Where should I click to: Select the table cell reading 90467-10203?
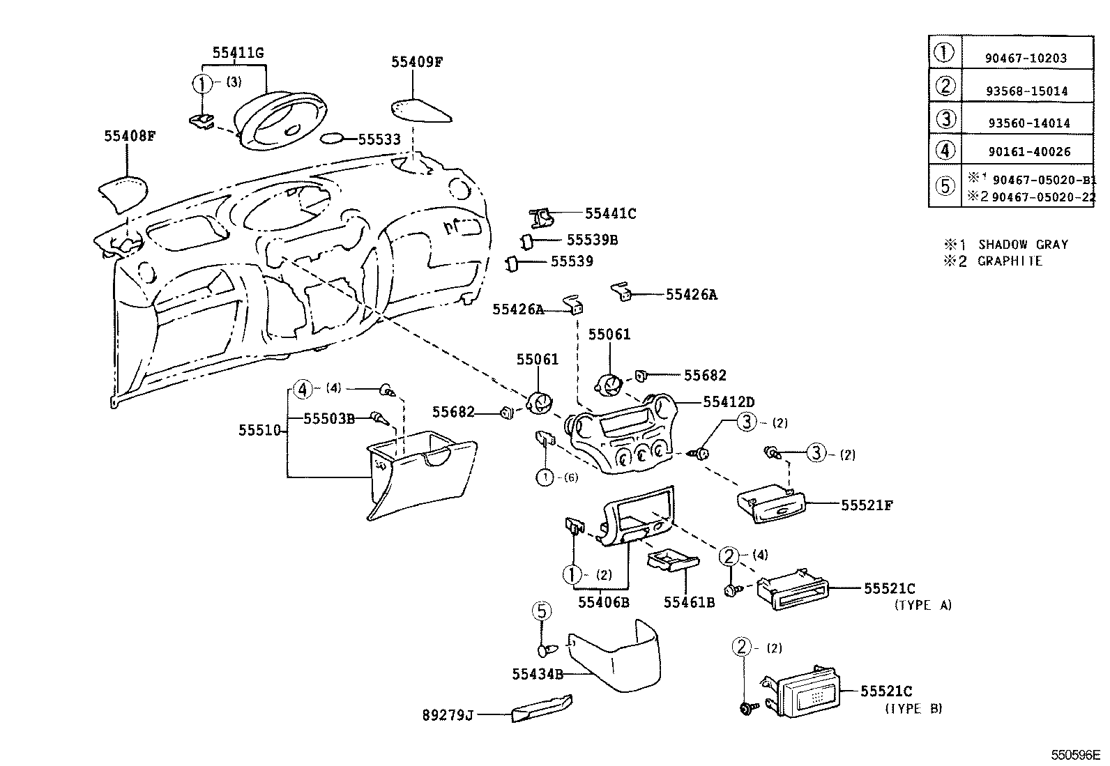pyautogui.click(x=1025, y=59)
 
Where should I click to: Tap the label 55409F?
pyautogui.click(x=416, y=62)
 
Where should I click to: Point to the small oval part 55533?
pyautogui.click(x=333, y=139)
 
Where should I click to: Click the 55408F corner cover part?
pyautogui.click(x=123, y=194)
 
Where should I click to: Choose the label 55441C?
pyautogui.click(x=610, y=214)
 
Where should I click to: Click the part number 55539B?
pyautogui.click(x=592, y=240)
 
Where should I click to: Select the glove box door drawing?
pyautogui.click(x=418, y=474)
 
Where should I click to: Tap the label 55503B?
pyautogui.click(x=329, y=418)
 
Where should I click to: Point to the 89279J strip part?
pyautogui.click(x=541, y=710)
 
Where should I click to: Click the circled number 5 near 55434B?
pyautogui.click(x=542, y=611)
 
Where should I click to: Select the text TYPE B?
pyautogui.click(x=913, y=709)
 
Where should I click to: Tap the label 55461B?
pyautogui.click(x=688, y=602)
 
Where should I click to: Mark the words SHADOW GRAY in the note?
pyautogui.click(x=1023, y=245)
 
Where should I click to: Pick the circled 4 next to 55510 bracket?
pyautogui.click(x=302, y=390)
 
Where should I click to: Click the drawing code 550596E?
pyautogui.click(x=1075, y=755)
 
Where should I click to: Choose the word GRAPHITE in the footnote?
pyautogui.click(x=1010, y=261)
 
